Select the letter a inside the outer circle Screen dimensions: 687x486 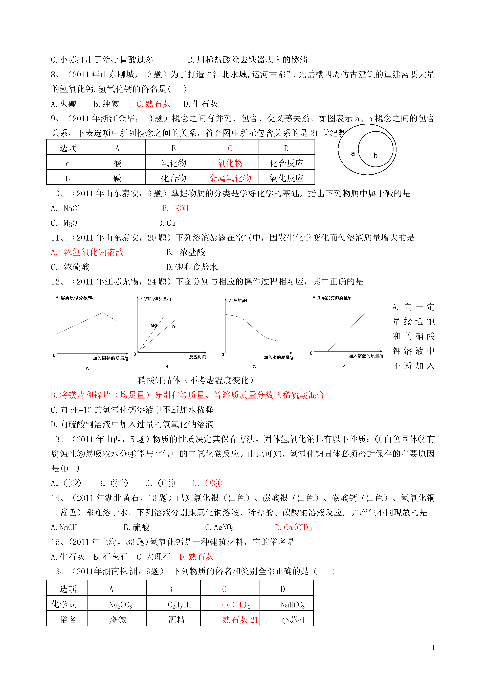pyautogui.click(x=353, y=154)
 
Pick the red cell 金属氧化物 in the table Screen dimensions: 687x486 pyautogui.click(x=230, y=178)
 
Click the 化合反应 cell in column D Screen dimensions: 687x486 pyautogui.click(x=286, y=163)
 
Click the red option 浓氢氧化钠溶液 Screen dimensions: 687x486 pyautogui.click(x=93, y=252)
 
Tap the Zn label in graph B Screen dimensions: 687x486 pyautogui.click(x=174, y=327)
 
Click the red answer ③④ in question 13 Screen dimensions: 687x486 pyautogui.click(x=213, y=483)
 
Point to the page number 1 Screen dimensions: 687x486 pyautogui.click(x=433, y=648)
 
